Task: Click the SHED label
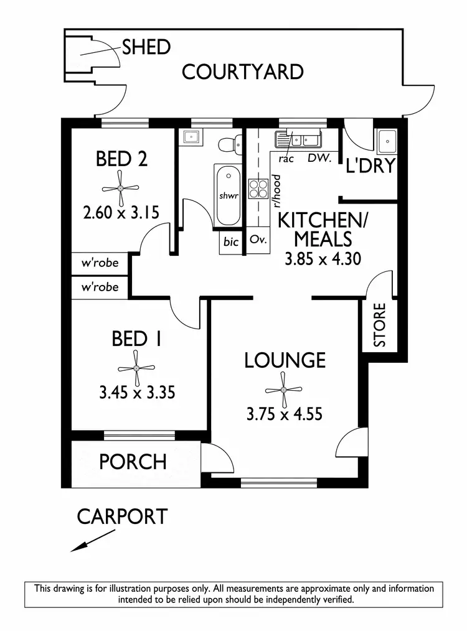tap(146, 47)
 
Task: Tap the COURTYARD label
tap(242, 72)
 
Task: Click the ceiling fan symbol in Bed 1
tap(136, 368)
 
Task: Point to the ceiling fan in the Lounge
tap(283, 390)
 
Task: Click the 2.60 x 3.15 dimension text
tap(121, 213)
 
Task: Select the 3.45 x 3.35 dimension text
tap(136, 393)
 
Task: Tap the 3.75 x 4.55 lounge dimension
tap(284, 413)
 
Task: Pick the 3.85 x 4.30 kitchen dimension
tap(323, 259)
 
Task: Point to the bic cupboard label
tap(230, 242)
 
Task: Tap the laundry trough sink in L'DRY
tap(387, 141)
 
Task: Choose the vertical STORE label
tap(379, 325)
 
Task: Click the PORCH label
tap(133, 462)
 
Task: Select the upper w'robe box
tap(100, 263)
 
